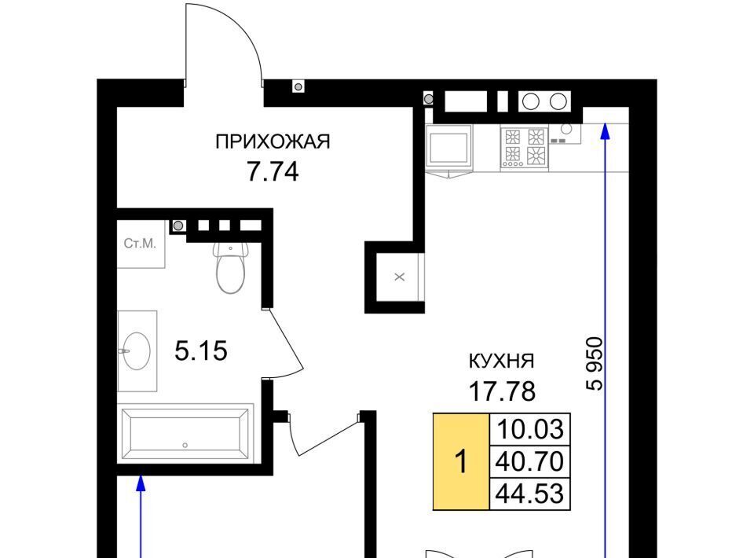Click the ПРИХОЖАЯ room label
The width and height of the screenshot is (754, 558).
pyautogui.click(x=273, y=142)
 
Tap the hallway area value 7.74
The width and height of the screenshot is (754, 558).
pyautogui.click(x=273, y=172)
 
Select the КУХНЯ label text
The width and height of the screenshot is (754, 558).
pyautogui.click(x=502, y=361)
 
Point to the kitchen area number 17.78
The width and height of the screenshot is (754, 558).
pyautogui.click(x=502, y=391)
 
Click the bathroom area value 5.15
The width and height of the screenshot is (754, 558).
pyautogui.click(x=200, y=351)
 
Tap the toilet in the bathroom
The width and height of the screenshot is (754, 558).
pyautogui.click(x=230, y=267)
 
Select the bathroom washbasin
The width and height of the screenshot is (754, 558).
pyautogui.click(x=137, y=351)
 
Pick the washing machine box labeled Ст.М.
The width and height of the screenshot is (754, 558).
pyautogui.click(x=141, y=244)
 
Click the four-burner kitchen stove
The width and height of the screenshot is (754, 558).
pyautogui.click(x=524, y=147)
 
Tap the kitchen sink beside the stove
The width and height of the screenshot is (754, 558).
pyautogui.click(x=565, y=133)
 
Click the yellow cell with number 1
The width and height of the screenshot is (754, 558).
pyautogui.click(x=461, y=461)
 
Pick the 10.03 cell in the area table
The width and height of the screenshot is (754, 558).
pyautogui.click(x=530, y=429)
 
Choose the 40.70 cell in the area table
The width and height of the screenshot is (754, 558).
pyautogui.click(x=530, y=461)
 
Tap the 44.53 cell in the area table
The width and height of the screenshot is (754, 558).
pyautogui.click(x=530, y=494)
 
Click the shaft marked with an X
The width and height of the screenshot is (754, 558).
pyautogui.click(x=399, y=277)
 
